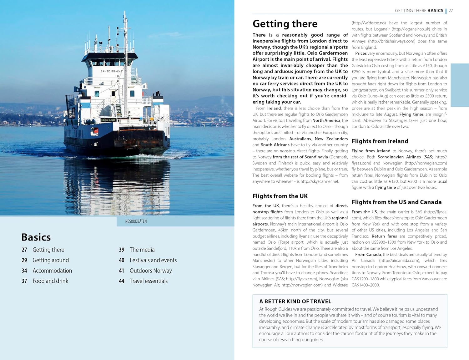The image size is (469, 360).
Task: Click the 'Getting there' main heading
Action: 285,24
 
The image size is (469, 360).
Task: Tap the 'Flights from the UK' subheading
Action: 280,196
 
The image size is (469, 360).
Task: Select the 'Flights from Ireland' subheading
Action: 380,141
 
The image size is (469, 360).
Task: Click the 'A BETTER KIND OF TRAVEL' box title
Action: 295,301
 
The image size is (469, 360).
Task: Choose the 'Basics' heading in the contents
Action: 36,237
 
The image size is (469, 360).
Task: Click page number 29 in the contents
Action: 24,260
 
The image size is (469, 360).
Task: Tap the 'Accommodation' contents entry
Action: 52,271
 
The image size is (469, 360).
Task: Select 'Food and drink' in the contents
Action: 50,281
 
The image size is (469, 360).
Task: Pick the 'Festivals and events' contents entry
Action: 153,260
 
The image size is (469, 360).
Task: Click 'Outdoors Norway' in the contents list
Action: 151,271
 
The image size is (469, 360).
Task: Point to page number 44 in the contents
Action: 122,281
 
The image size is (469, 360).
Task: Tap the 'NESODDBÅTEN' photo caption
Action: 136,221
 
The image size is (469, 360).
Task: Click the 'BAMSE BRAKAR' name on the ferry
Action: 111,71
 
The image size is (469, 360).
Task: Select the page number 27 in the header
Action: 451,11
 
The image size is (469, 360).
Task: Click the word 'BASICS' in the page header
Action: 435,11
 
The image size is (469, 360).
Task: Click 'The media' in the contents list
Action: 142,250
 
